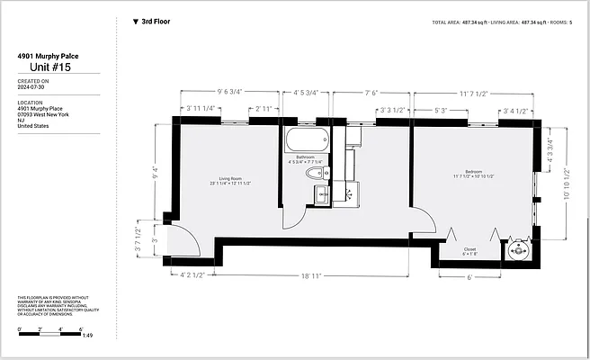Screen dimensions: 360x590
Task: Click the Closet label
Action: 469,251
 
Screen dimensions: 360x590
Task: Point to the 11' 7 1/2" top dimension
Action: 473,92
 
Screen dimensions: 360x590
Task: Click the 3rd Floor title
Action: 157,20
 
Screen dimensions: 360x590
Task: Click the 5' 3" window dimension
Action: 441,111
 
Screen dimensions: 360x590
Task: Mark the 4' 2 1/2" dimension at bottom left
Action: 192,274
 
